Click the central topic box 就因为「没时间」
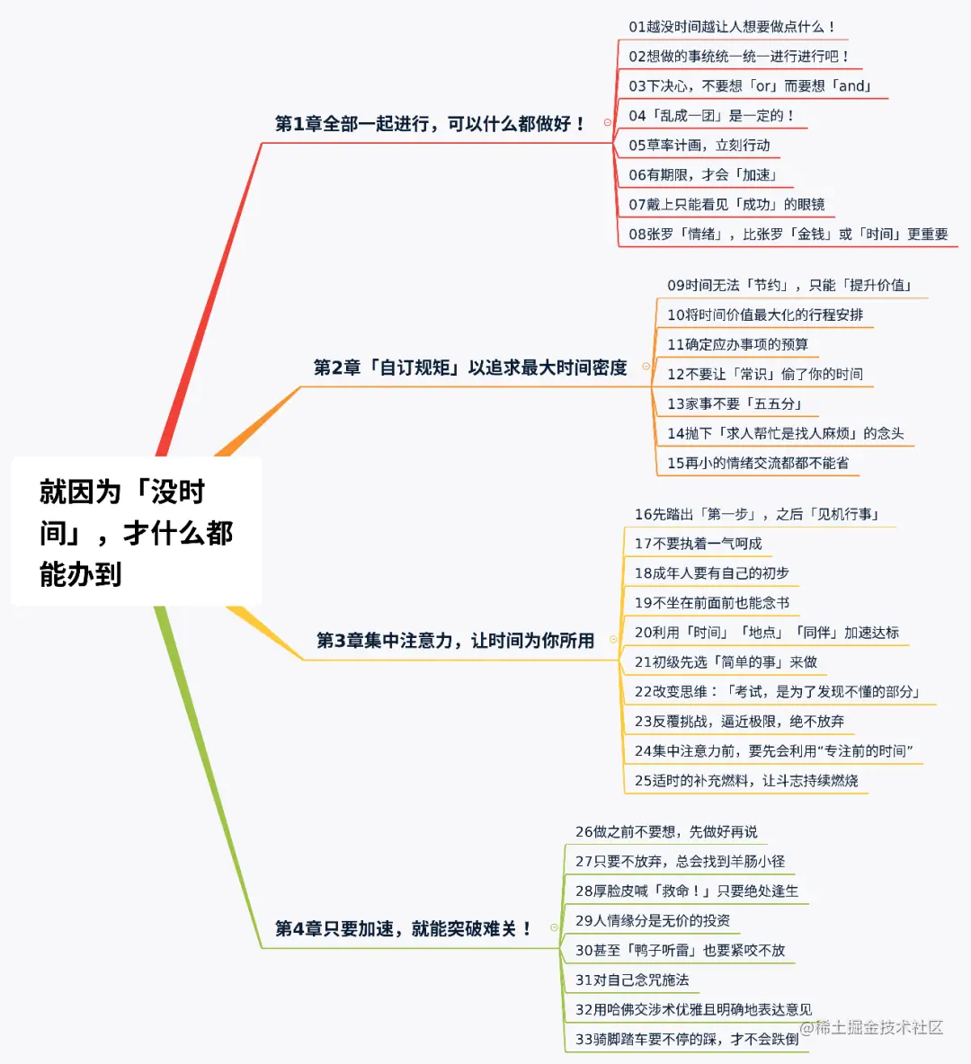(x=136, y=532)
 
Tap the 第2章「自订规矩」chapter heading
(x=469, y=368)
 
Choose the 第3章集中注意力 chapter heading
(x=455, y=641)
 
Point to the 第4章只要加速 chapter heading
(x=403, y=928)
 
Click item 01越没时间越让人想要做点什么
(x=733, y=27)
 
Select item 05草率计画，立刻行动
(x=699, y=146)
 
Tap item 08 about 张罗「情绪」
(x=788, y=235)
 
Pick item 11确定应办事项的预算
(x=737, y=345)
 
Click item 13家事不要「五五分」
(x=735, y=404)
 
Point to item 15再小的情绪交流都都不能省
(x=758, y=464)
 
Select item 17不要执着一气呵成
(x=698, y=544)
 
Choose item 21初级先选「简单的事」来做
(x=726, y=662)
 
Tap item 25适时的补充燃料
(x=746, y=781)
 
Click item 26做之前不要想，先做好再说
(x=666, y=832)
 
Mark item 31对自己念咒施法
(x=632, y=980)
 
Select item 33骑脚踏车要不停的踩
(x=687, y=1040)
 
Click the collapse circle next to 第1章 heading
(x=608, y=123)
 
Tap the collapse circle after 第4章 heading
(x=554, y=927)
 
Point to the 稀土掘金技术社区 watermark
(x=872, y=1027)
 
